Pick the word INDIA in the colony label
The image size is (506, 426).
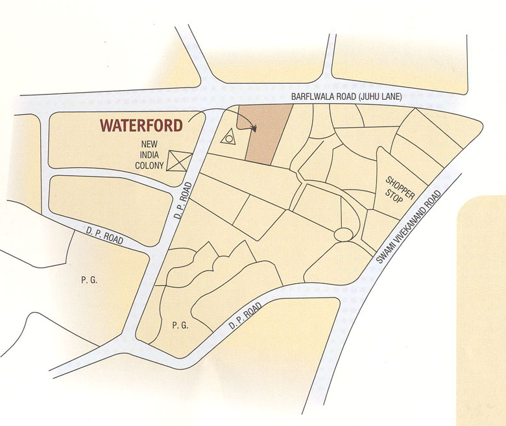pos(149,154)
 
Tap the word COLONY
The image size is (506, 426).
pos(149,166)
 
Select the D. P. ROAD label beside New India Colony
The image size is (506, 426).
pos(183,201)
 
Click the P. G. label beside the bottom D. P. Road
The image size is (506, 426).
pos(180,325)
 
